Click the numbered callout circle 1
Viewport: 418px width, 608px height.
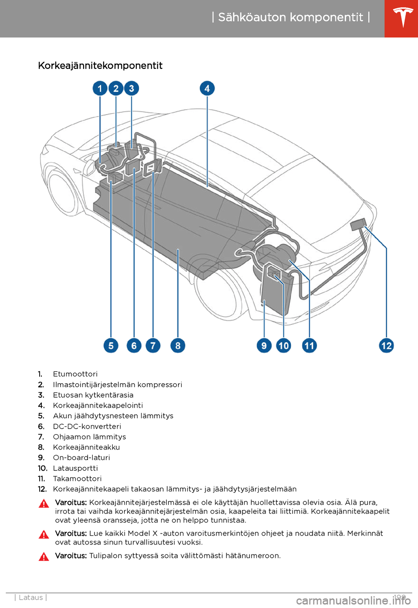100,88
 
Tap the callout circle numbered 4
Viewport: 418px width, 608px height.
207,88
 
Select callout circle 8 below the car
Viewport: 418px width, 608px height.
178,346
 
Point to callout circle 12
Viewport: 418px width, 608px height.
387,346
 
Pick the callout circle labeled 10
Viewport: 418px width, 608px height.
283,346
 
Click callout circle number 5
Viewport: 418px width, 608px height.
111,346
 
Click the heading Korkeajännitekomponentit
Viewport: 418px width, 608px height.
100,66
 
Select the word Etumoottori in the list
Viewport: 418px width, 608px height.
75,374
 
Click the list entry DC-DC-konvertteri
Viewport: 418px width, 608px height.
87,426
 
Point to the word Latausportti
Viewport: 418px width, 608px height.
75,468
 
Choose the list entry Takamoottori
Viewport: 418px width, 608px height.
77,479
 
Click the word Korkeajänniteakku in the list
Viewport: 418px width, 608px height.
86,447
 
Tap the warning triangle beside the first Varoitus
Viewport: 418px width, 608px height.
44,504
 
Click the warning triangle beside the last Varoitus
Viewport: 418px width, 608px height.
44,557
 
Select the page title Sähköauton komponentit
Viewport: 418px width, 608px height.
290,17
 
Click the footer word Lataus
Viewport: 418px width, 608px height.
31,598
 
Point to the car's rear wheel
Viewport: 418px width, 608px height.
218,292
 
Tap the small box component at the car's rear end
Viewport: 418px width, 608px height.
358,224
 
